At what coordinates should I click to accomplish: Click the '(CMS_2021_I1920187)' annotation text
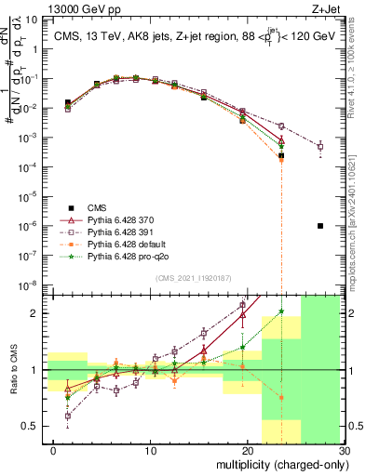point(192,278)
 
